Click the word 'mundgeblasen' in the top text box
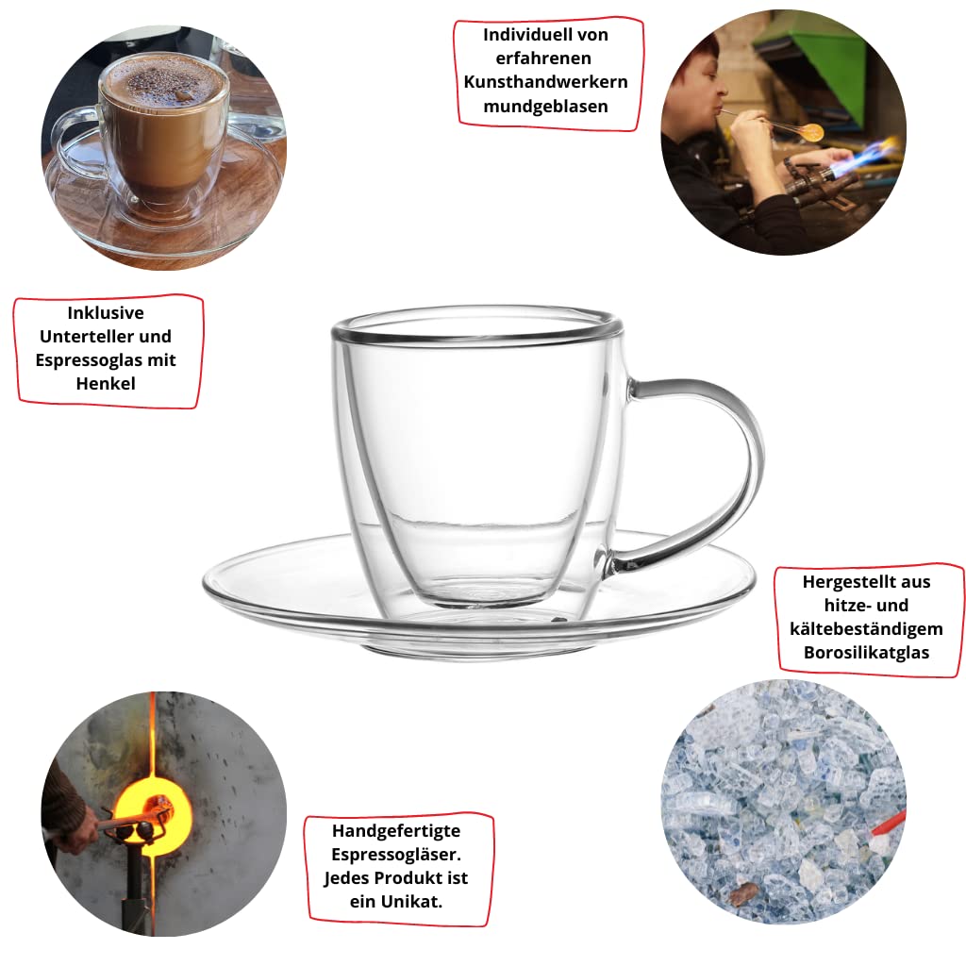point(545,106)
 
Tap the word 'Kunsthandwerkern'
point(545,82)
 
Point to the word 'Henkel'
point(106,383)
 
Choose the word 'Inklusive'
point(106,312)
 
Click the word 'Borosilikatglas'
point(866,652)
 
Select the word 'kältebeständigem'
point(866,628)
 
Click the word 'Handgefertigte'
point(396,831)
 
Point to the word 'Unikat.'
point(411,901)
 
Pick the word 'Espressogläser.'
point(396,855)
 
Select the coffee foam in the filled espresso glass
point(163,85)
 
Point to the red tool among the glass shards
point(890,823)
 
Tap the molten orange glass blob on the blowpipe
point(810,132)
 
